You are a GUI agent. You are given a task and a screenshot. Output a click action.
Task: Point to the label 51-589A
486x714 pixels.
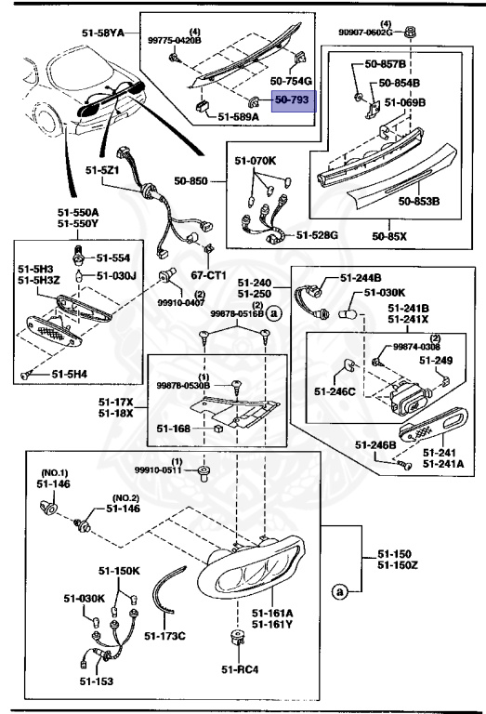239,118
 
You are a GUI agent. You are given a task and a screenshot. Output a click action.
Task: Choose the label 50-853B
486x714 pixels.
419,200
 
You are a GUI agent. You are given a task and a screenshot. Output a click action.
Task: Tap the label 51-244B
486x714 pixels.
361,277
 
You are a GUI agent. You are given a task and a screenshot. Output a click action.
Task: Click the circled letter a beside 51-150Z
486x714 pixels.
339,590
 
